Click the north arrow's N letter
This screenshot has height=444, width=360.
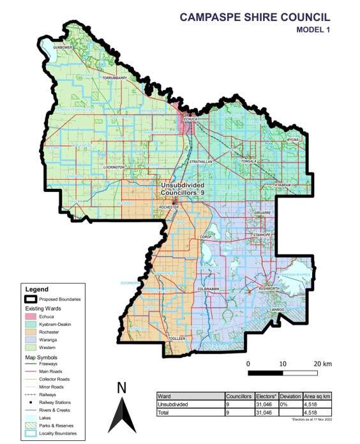[x=122, y=387]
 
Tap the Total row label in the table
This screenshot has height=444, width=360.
[x=164, y=412]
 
